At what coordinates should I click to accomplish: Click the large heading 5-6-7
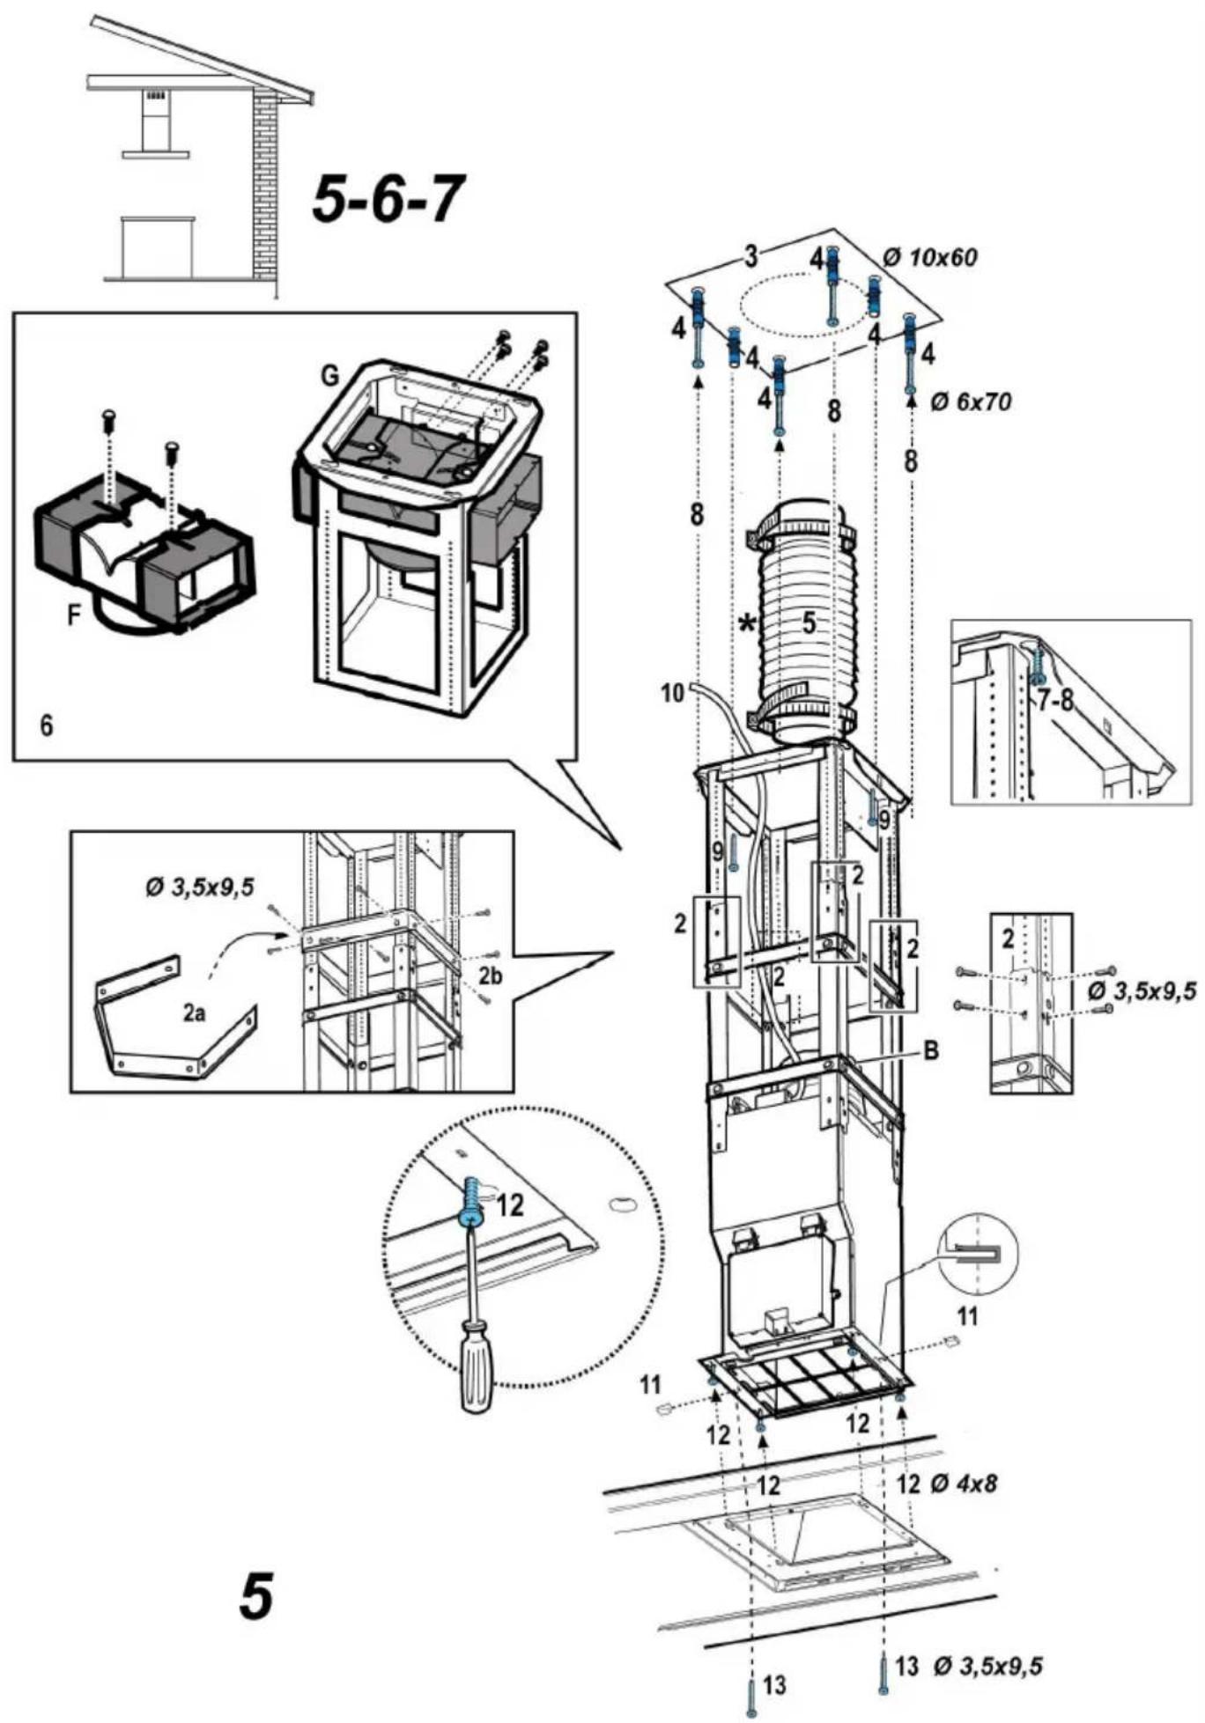[x=388, y=198]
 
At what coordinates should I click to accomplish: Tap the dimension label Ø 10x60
[x=930, y=257]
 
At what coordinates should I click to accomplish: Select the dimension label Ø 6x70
[x=971, y=401]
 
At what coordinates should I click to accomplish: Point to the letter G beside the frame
[x=329, y=376]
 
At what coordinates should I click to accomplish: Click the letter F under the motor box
[x=76, y=615]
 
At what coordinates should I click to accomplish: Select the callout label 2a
[x=195, y=1013]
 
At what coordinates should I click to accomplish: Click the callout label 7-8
[x=1056, y=703]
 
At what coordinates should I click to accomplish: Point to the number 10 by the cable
[x=672, y=693]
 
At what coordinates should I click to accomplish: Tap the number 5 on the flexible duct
[x=809, y=622]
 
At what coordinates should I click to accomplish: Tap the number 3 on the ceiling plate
[x=750, y=256]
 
